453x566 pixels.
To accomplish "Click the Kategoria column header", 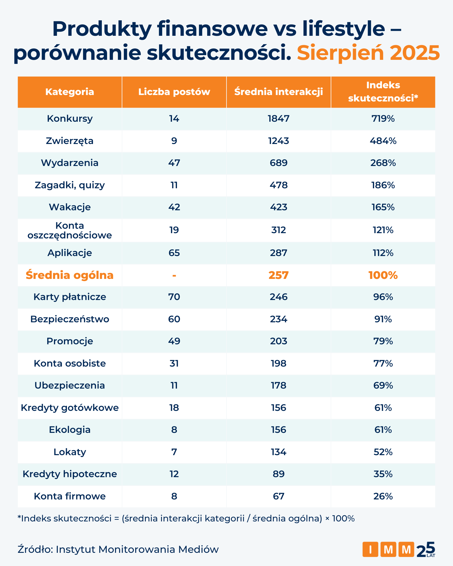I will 70,92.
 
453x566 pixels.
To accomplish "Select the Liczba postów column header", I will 174,92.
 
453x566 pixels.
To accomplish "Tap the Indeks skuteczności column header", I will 383,91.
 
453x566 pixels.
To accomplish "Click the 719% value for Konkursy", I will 383,119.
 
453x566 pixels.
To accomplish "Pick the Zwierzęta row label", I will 70,141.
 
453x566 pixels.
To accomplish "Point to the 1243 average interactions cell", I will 278,141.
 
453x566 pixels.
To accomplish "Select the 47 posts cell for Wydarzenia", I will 174,163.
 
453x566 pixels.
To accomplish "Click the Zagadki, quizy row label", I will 70,185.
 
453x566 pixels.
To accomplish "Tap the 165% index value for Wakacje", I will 383,207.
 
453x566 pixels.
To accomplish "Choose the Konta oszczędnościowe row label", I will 70,230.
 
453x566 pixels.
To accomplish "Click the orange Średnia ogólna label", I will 70,275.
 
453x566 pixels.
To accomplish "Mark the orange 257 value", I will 278,275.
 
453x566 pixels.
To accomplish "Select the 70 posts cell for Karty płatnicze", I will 174,297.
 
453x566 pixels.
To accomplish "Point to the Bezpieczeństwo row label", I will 70,319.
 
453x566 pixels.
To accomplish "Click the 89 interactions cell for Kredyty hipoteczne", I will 278,474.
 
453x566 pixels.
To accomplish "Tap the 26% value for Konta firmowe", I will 383,496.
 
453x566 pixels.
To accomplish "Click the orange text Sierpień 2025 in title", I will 368,53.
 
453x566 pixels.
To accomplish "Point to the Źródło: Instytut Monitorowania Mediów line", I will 118,549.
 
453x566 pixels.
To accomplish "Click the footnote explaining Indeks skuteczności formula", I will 186,519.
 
